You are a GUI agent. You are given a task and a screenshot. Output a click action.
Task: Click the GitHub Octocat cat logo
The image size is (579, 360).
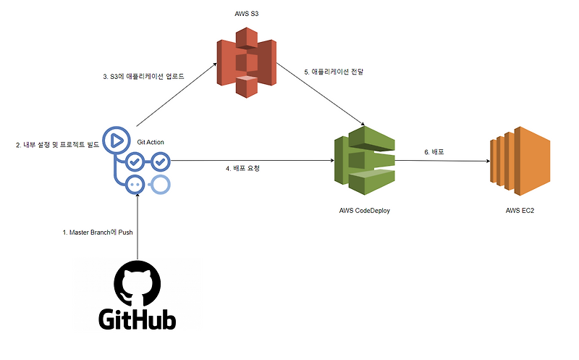click(x=137, y=285)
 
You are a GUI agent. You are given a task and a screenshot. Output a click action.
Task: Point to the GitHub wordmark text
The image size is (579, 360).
click(x=137, y=319)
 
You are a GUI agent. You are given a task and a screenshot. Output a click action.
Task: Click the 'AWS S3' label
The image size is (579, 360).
click(x=248, y=14)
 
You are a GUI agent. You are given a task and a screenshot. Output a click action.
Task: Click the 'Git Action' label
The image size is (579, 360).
click(x=151, y=142)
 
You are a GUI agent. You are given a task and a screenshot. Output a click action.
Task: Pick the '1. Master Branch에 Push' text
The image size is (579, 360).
click(x=99, y=233)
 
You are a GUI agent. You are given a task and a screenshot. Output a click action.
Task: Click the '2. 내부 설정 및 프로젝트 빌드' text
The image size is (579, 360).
click(x=58, y=145)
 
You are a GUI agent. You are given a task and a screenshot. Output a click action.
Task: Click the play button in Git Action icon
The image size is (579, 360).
click(x=114, y=139)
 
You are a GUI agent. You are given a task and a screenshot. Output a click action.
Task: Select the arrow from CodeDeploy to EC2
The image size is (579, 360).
click(x=441, y=161)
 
